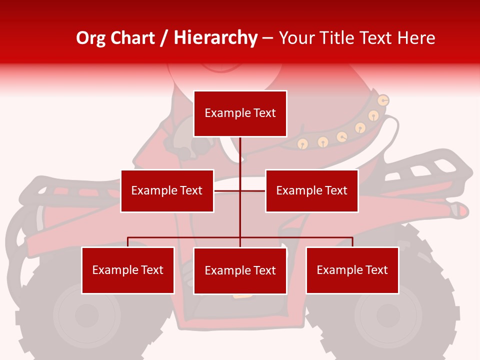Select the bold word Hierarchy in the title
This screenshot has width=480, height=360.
(x=215, y=38)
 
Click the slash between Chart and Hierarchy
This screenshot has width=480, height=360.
(x=164, y=38)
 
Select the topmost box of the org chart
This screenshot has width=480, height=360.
(x=240, y=113)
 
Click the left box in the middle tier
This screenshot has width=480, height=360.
(x=167, y=190)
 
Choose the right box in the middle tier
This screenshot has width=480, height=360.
(x=311, y=190)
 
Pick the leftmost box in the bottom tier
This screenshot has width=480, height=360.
(x=127, y=270)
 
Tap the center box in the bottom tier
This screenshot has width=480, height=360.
(x=240, y=270)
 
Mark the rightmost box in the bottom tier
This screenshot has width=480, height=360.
(x=352, y=270)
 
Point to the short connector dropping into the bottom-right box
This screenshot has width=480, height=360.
(x=352, y=242)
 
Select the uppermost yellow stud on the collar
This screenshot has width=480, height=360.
(x=383, y=100)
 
